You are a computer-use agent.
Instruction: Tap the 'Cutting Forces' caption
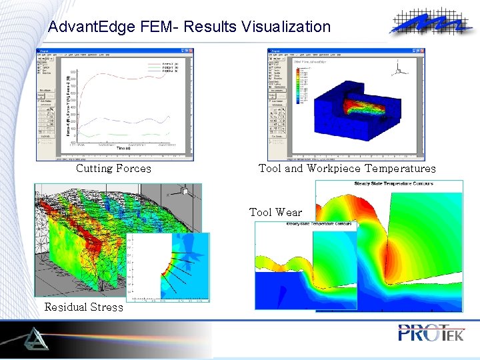click(113, 169)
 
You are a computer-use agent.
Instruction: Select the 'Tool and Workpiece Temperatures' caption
click(347, 169)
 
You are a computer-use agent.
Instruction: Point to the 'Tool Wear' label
click(275, 213)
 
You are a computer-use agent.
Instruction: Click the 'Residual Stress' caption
click(84, 307)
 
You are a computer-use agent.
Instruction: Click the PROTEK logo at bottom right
click(430, 332)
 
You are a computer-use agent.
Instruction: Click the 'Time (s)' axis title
click(125, 149)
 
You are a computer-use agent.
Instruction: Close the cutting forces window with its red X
click(191, 51)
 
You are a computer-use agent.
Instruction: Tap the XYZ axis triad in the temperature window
click(399, 68)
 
